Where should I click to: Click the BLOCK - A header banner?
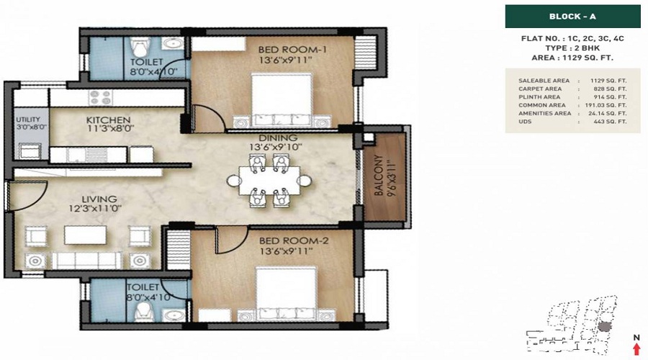(x=573, y=17)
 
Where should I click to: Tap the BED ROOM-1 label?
(x=292, y=50)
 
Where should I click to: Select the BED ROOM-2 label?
(x=294, y=240)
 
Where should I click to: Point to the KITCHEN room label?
(x=108, y=120)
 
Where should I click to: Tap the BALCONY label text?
(x=379, y=176)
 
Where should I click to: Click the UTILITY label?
(x=29, y=120)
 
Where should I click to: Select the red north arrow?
(x=636, y=348)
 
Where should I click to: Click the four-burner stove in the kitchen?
(x=101, y=98)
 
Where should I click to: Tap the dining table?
(x=269, y=181)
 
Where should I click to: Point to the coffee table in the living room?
(x=85, y=235)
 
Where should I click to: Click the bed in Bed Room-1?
(x=282, y=100)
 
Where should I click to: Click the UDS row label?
(x=525, y=122)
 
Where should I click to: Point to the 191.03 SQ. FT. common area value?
(x=606, y=105)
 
